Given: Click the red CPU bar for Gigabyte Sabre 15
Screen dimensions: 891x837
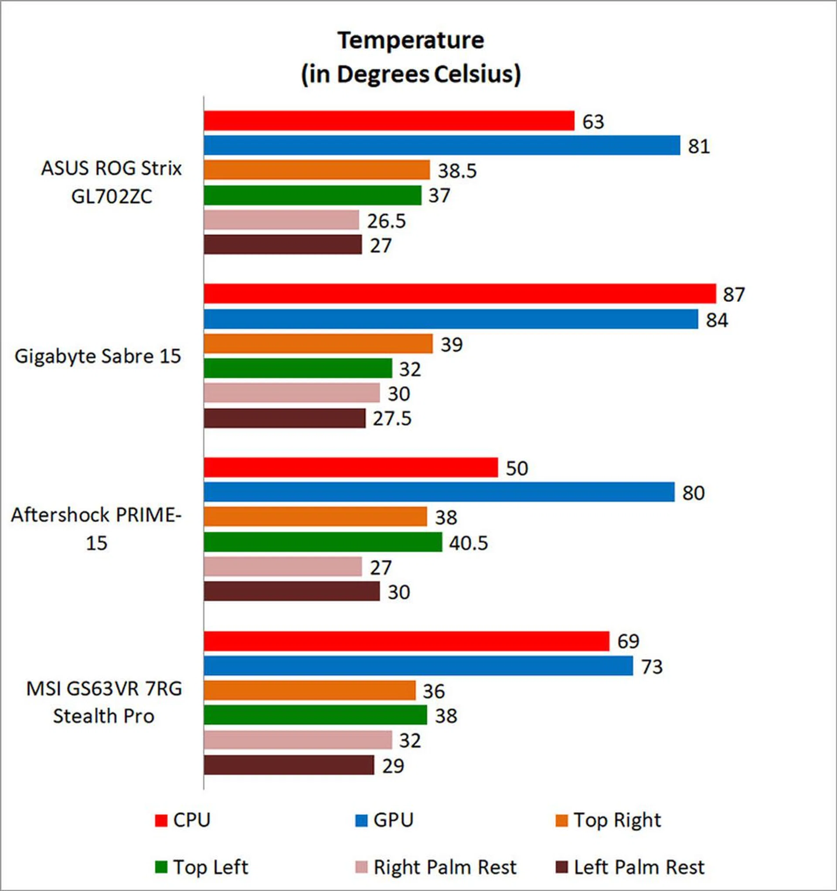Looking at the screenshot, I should click(x=459, y=294).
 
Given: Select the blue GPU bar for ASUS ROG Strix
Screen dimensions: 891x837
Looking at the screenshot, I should click(x=442, y=145).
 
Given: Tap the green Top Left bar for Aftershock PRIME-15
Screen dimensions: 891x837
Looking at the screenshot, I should click(x=323, y=542).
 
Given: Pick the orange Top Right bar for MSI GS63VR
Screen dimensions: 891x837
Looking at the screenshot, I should click(x=310, y=690).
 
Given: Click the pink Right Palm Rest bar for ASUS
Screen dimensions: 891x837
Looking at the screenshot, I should click(x=281, y=219).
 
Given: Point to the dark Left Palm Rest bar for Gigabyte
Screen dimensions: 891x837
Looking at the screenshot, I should click(x=284, y=418).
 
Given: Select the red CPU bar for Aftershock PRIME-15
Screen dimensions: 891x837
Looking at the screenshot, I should click(x=350, y=467).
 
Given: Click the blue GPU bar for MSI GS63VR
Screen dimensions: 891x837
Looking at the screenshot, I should click(x=418, y=665).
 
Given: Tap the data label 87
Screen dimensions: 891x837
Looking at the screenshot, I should click(x=734, y=295).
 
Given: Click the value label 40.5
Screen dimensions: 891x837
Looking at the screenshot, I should click(x=469, y=543).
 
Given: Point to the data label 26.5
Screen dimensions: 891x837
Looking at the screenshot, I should click(x=387, y=221).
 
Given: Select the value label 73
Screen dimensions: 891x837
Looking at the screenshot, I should click(x=652, y=667).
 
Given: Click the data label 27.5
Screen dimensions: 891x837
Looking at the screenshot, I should click(x=392, y=418).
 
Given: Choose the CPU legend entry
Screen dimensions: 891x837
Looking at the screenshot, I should click(x=183, y=820).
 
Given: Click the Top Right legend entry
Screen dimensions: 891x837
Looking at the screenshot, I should click(x=608, y=820).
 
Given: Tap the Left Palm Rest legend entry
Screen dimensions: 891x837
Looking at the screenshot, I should click(x=629, y=867).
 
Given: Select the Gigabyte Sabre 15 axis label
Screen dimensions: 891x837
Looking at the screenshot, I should click(x=98, y=356).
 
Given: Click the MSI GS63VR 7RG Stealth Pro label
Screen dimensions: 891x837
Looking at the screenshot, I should click(x=104, y=702).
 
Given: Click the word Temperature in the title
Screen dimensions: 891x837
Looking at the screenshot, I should click(x=411, y=40).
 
